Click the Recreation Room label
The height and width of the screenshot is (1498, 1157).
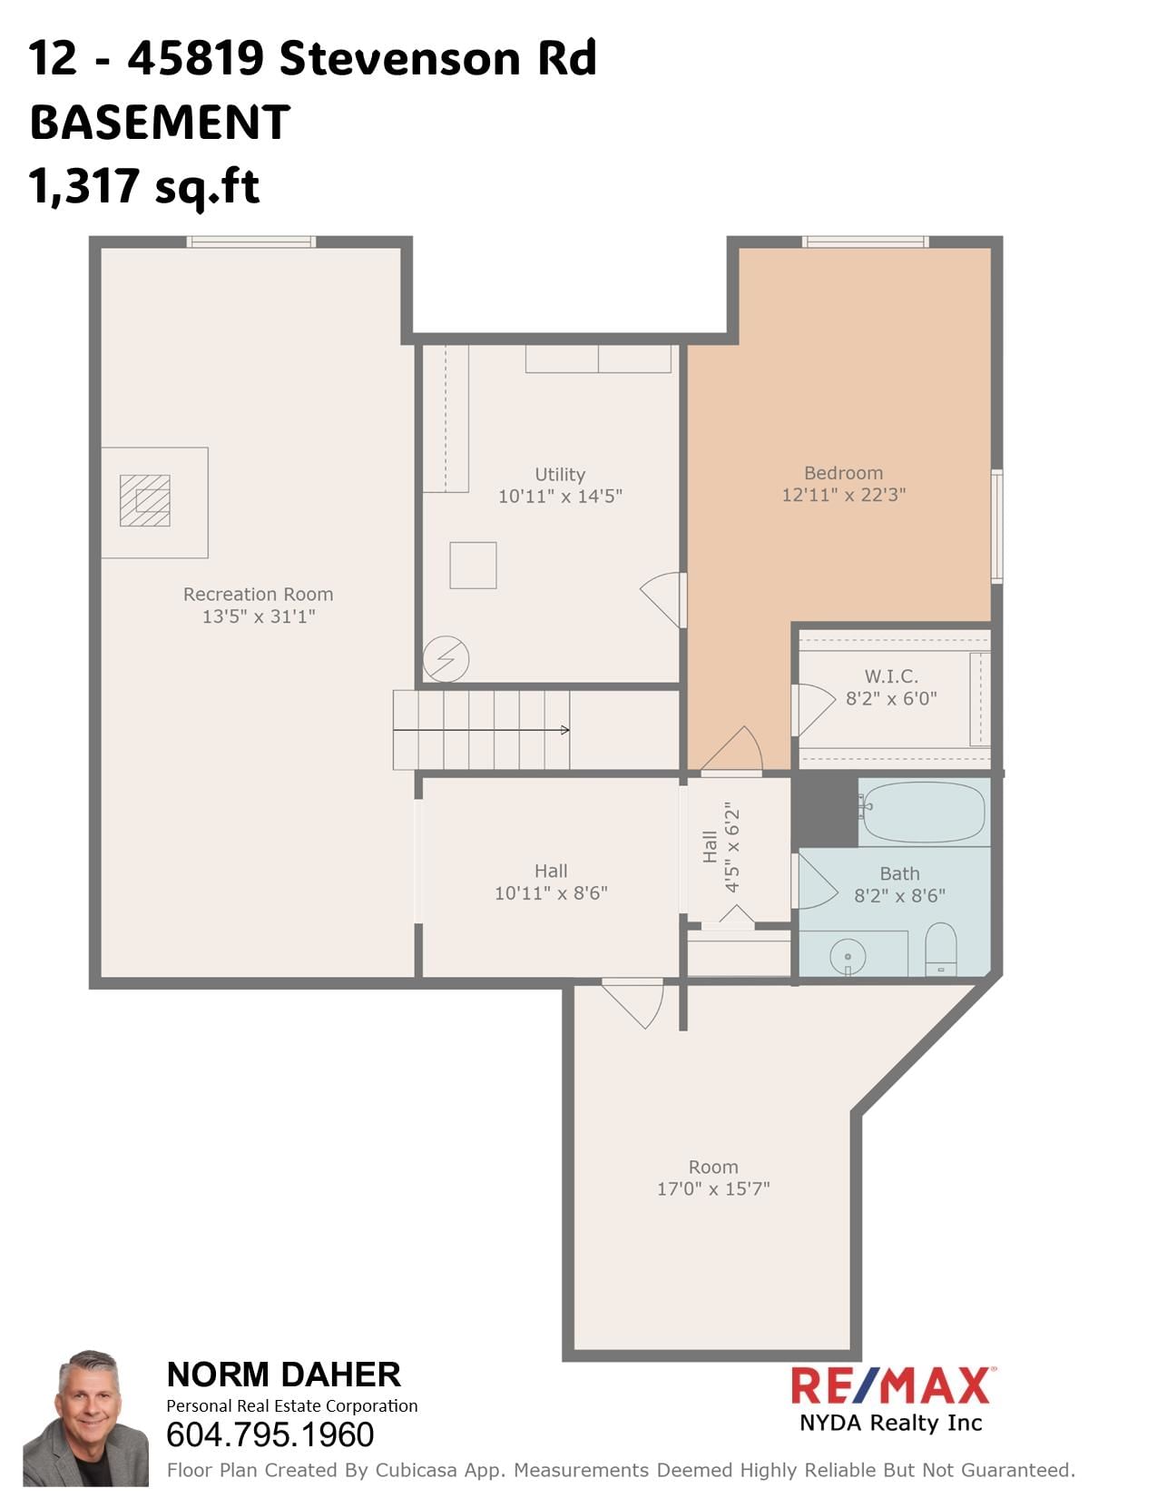pos(258,595)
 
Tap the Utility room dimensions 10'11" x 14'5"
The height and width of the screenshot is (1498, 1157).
pos(560,496)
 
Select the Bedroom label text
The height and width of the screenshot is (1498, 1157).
pos(843,473)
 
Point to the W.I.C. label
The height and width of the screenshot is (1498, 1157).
pos(891,676)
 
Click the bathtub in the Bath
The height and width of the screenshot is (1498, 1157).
pos(923,812)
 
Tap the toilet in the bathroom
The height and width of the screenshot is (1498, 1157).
pos(941,950)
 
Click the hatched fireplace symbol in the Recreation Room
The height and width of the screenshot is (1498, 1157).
pos(145,500)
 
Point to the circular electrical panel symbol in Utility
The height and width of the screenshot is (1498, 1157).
pos(446,658)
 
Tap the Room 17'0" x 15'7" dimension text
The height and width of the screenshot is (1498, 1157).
pos(713,1188)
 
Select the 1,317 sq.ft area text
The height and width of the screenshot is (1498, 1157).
pos(144,186)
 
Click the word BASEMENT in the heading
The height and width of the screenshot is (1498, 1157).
pos(160,123)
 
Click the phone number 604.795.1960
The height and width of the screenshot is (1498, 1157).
pos(270,1434)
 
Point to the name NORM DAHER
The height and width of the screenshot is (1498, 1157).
pos(283,1375)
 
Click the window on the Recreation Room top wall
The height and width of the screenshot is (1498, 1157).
pos(251,241)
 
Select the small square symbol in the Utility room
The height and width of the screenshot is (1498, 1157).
pos(473,565)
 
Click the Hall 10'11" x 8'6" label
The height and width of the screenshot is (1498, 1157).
pos(551,882)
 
